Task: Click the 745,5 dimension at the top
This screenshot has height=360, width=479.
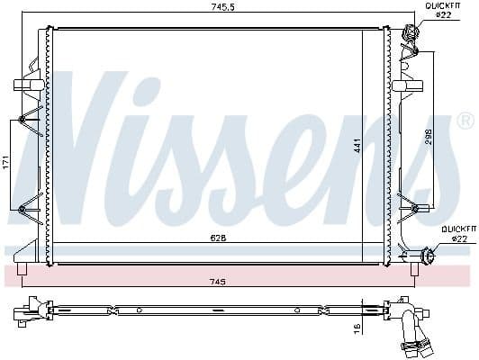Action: pyautogui.click(x=213, y=8)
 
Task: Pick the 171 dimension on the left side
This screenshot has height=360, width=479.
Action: pyautogui.click(x=6, y=163)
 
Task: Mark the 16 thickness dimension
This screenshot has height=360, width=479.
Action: pyautogui.click(x=356, y=329)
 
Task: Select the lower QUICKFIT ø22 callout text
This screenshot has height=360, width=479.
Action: pyautogui.click(x=453, y=234)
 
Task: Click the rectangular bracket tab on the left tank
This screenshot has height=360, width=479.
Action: pyautogui.click(x=23, y=85)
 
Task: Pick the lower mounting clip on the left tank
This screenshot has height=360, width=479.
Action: pyautogui.click(x=32, y=203)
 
